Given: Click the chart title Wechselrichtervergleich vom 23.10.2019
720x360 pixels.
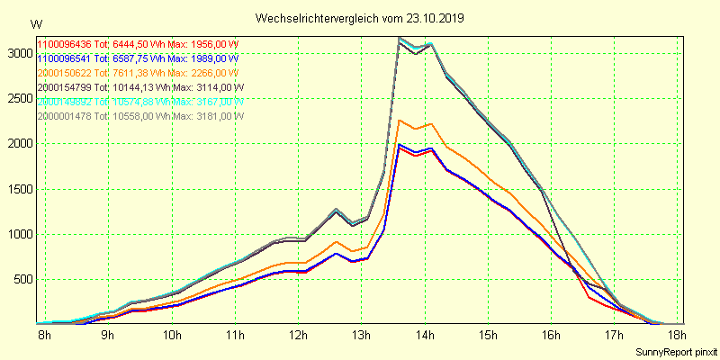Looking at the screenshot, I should [x=359, y=18].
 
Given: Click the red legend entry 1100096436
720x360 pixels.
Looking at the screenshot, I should [x=65, y=44].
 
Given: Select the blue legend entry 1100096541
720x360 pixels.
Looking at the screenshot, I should [x=65, y=58].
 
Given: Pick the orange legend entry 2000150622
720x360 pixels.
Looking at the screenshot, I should [x=65, y=73].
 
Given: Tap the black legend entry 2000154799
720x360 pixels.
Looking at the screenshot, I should [x=65, y=87].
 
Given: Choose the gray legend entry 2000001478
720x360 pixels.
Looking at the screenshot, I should [x=65, y=116].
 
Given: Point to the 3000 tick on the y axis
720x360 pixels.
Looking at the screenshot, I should [x=18, y=53].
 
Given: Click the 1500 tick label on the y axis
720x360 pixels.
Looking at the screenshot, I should [x=18, y=189].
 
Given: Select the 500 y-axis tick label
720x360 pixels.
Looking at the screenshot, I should [x=21, y=279].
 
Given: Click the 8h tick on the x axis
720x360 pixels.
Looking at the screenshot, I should [x=43, y=336].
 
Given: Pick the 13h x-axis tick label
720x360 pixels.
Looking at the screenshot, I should [x=361, y=336].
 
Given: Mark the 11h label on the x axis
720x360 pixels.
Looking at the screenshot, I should [x=234, y=336].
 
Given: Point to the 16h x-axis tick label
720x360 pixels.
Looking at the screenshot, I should [x=551, y=336].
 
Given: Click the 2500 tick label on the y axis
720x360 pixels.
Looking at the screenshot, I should [x=18, y=98].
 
